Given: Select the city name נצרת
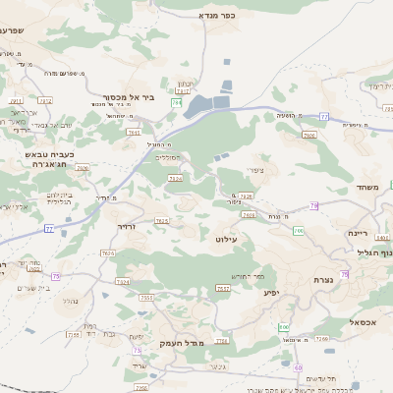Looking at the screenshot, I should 352,282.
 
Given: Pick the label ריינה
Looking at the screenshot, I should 357,234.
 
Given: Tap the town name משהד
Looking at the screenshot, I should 368,188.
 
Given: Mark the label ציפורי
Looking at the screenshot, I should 255,170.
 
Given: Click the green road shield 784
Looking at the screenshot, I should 176,102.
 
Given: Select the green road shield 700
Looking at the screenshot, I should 297,230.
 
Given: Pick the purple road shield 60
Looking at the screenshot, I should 298,367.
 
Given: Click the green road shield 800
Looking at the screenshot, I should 284,325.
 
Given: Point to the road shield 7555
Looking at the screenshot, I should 146,298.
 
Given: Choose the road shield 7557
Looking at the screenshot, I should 223,289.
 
